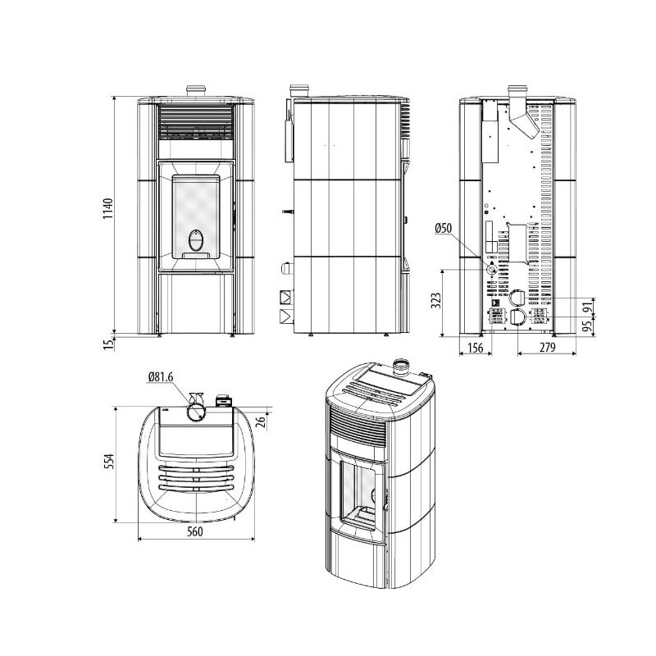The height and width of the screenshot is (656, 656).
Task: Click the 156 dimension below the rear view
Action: click(x=474, y=348)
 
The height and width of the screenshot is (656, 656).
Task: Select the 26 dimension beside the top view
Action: click(x=261, y=422)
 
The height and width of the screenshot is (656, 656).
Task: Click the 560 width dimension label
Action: click(x=194, y=531)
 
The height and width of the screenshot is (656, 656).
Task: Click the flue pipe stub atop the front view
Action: click(x=194, y=90)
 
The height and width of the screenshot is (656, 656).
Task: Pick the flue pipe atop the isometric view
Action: click(x=403, y=367)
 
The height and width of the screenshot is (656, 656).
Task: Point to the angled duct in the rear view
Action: click(x=526, y=123)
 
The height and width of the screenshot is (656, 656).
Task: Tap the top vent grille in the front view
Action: click(x=195, y=123)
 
